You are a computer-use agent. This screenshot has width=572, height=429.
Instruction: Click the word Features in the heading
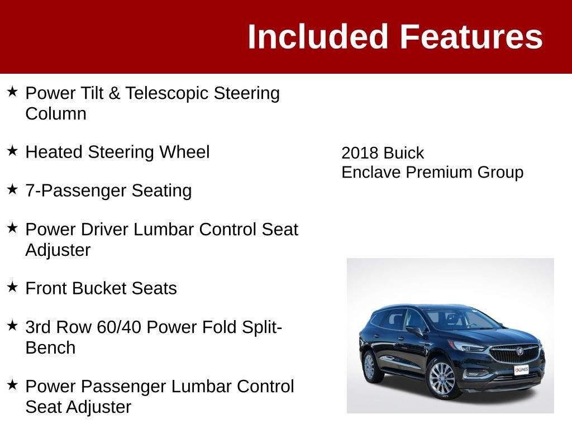pos(471,37)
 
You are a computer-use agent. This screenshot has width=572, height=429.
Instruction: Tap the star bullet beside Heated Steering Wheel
pos(13,151)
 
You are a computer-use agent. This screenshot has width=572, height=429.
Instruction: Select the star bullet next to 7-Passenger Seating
pos(13,189)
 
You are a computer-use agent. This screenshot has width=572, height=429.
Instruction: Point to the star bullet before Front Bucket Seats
pos(13,287)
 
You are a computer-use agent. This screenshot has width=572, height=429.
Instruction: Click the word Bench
pos(50,347)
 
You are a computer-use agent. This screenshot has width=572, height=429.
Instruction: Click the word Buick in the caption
pos(404,153)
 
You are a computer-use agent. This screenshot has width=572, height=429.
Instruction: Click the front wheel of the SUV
pos(442,378)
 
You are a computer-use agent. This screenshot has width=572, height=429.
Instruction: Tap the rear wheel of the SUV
pos(369,366)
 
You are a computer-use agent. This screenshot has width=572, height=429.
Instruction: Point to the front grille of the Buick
pos(514,353)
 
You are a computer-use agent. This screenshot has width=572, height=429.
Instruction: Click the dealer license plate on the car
pos(521,370)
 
